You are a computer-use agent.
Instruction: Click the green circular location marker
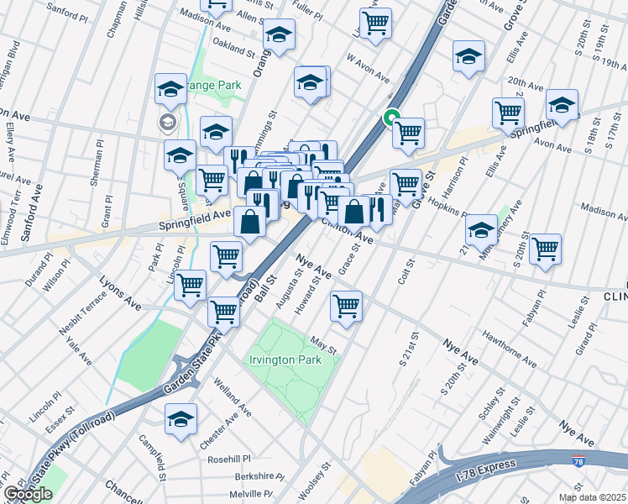tap(390, 118)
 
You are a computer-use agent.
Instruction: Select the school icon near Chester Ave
tap(181, 417)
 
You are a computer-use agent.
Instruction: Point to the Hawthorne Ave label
tap(508, 348)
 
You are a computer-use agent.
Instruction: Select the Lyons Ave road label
tap(121, 291)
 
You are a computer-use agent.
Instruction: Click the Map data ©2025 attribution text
tap(592, 497)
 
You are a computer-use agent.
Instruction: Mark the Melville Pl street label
tap(252, 495)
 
